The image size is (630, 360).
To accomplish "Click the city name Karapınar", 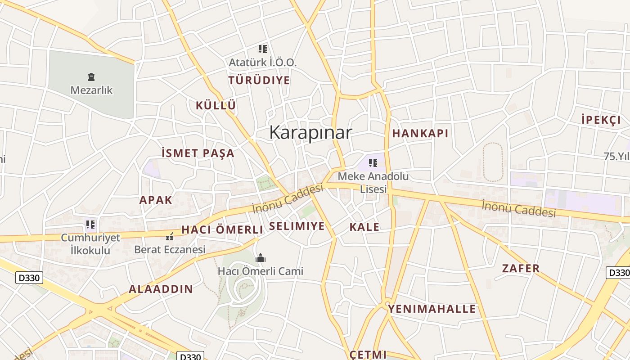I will [310, 132].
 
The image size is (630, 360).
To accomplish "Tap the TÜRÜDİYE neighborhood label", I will [259, 81].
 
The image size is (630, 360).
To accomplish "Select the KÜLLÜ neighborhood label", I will [216, 105].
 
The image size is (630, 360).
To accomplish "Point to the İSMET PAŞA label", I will [198, 153].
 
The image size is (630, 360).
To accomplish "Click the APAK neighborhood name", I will [156, 200].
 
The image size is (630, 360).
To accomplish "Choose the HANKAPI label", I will [420, 133].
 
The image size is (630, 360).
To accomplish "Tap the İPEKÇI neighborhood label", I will [601, 120].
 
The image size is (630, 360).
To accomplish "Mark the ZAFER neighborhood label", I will [521, 269].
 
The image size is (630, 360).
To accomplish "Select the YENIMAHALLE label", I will [432, 309].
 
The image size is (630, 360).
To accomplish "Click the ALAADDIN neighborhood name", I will [161, 289].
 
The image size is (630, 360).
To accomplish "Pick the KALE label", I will [364, 227].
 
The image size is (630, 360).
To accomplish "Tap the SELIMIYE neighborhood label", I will [297, 226].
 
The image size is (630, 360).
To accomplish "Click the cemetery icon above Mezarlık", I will [91, 77].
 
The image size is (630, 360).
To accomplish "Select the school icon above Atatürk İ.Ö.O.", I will [263, 49].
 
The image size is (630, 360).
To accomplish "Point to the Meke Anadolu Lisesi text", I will [373, 182].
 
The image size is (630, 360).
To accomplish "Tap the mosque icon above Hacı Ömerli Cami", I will [261, 258].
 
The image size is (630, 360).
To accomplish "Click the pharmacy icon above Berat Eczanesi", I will [170, 236].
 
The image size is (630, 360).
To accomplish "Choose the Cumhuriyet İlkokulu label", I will [90, 243].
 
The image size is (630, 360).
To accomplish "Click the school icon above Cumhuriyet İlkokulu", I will [90, 224].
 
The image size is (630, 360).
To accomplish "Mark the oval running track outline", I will [493, 162].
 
